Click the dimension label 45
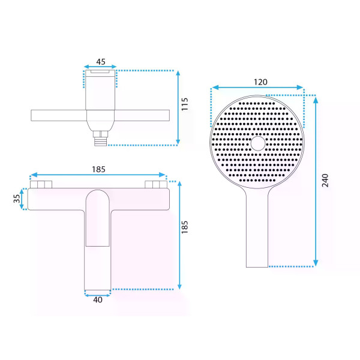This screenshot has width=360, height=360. [x=101, y=62]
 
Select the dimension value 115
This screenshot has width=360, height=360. [x=185, y=104]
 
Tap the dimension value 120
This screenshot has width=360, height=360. [x=260, y=82]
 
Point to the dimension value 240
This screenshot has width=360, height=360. [x=325, y=181]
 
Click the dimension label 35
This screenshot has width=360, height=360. [x=17, y=199]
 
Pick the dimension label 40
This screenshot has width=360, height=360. [x=98, y=299]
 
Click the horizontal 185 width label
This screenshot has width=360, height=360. [x=98, y=169]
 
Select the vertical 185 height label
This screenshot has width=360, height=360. [x=185, y=227]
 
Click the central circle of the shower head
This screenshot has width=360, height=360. [x=258, y=143]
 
